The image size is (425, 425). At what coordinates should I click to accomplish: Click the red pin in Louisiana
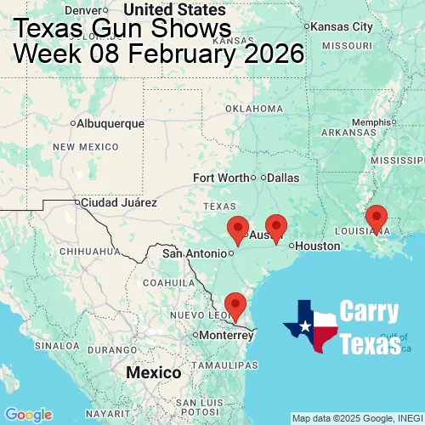pos(377,218)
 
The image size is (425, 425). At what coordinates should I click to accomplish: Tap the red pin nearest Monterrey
pos(235,304)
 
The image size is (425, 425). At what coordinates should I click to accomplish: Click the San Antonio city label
pos(195,253)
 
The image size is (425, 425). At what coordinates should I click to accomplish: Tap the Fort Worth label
pos(221,178)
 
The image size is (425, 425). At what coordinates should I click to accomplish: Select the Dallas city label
pos(283,178)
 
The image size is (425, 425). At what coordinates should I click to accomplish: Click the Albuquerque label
pos(110,123)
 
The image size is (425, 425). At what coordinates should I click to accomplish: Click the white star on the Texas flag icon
pos(303,327)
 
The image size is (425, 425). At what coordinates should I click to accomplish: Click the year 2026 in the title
pos(274,54)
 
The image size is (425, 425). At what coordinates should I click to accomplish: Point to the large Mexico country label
pos(153,373)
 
